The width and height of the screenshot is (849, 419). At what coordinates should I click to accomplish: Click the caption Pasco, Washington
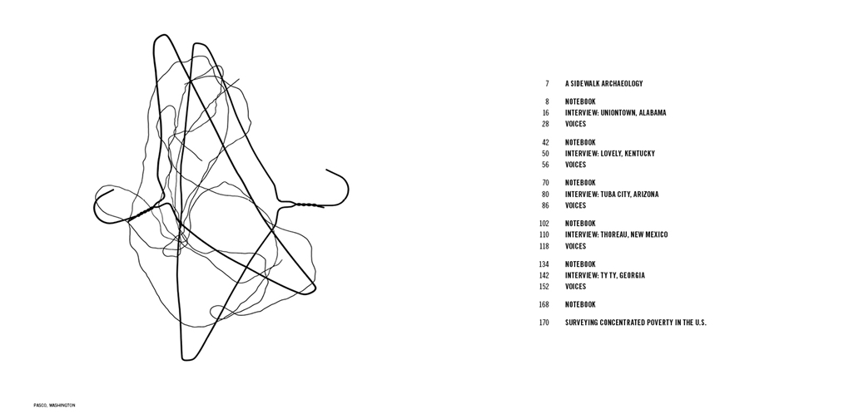pyautogui.click(x=54, y=405)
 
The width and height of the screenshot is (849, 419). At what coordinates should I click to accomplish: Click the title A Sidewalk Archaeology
pyautogui.click(x=603, y=84)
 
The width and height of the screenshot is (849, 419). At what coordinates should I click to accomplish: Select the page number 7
pyautogui.click(x=547, y=84)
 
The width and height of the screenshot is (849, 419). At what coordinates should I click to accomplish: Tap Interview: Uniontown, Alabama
pyautogui.click(x=616, y=113)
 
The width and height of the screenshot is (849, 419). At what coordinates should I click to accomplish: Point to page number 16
pyautogui.click(x=545, y=113)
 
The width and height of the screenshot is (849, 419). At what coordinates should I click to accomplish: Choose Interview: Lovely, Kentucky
pyautogui.click(x=609, y=154)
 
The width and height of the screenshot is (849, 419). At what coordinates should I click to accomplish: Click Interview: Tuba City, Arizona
pyautogui.click(x=612, y=194)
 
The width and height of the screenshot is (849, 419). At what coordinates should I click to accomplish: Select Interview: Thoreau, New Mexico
pyautogui.click(x=616, y=234)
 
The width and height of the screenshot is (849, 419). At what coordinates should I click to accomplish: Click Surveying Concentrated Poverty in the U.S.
pyautogui.click(x=636, y=323)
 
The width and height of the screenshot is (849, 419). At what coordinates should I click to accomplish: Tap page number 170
pyautogui.click(x=544, y=323)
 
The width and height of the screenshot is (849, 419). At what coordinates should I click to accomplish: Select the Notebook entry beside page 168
pyautogui.click(x=580, y=304)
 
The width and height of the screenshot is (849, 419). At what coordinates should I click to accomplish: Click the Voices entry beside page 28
pyautogui.click(x=575, y=124)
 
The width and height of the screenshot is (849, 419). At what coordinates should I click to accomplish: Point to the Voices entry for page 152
pyautogui.click(x=575, y=287)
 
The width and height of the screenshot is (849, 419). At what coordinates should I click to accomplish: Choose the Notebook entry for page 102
pyautogui.click(x=580, y=224)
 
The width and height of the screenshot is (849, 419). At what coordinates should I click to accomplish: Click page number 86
pyautogui.click(x=545, y=205)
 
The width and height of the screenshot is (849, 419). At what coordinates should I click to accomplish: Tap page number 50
pyautogui.click(x=545, y=154)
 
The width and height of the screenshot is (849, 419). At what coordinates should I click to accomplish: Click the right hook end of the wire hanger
pyautogui.click(x=326, y=170)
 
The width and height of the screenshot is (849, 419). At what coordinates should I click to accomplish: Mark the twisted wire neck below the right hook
pyautogui.click(x=306, y=205)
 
